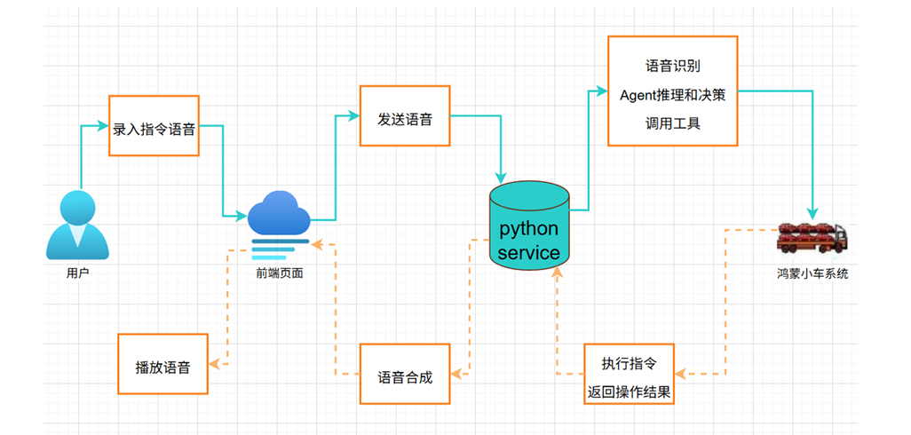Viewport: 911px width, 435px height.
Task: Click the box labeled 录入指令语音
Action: (x=154, y=126)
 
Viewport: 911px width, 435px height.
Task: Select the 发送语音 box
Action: (x=405, y=115)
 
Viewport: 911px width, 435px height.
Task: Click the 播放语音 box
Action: (x=162, y=364)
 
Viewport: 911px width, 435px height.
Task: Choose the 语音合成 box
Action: (x=405, y=375)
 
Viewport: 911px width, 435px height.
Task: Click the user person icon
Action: (x=77, y=227)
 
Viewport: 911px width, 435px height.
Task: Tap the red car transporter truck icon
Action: (x=812, y=236)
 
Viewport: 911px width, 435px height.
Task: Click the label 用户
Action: (x=78, y=273)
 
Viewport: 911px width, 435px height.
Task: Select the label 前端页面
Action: (x=279, y=273)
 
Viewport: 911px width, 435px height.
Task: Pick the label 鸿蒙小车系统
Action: (x=812, y=273)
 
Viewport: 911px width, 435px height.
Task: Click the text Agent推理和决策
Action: (x=672, y=95)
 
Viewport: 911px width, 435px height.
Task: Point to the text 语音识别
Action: (x=672, y=67)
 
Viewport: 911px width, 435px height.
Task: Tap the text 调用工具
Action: (x=672, y=123)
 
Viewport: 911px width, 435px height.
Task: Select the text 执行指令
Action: (x=629, y=362)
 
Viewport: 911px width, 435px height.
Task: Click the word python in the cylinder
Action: (x=529, y=228)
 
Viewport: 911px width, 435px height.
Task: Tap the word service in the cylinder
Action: (x=529, y=253)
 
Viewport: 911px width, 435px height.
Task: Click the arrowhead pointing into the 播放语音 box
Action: (x=214, y=364)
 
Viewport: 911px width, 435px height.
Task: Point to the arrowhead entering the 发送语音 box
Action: (x=354, y=115)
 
